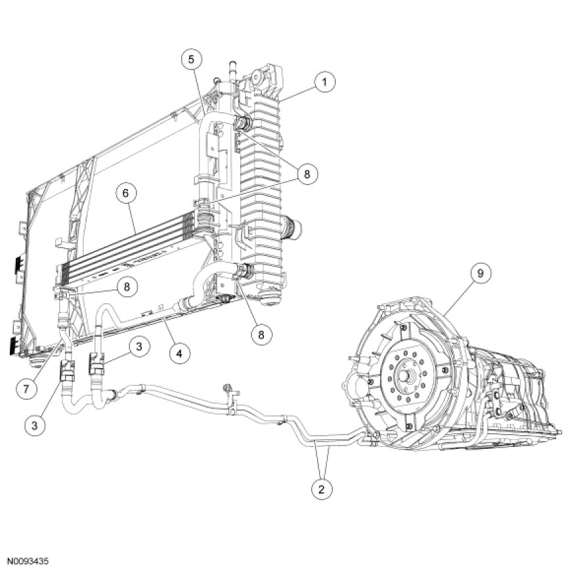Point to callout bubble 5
pos(191,60)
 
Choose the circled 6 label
pos(128,194)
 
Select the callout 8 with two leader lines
pos(307,174)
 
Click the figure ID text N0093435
pos(28,562)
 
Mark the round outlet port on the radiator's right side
pos(291,230)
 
